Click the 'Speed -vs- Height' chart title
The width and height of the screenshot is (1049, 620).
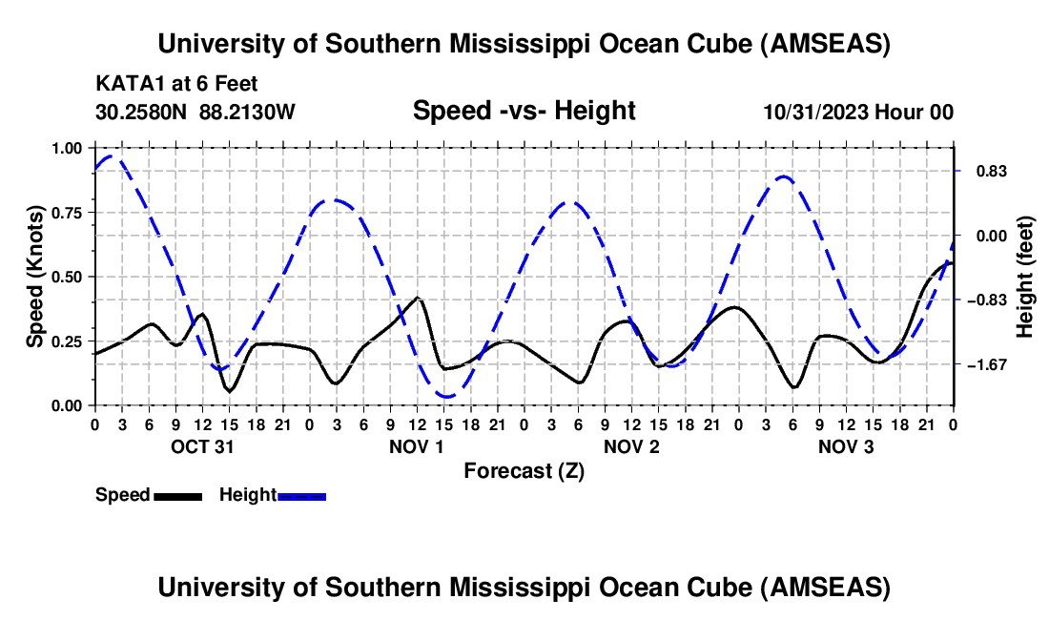[524, 111]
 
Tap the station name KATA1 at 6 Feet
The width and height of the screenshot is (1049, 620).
[176, 84]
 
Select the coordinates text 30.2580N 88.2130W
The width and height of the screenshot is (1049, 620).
[195, 112]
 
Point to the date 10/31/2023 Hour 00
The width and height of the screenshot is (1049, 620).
[858, 112]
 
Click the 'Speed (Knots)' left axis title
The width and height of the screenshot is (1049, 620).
[35, 277]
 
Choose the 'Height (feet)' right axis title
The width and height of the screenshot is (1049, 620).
[1025, 277]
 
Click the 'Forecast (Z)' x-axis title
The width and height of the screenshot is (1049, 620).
[524, 470]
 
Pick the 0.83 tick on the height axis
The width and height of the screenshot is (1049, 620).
[982, 172]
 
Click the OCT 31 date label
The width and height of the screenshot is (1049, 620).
[202, 446]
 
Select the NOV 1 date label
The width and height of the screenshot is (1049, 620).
[417, 446]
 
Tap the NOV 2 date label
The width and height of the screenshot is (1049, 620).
[631, 446]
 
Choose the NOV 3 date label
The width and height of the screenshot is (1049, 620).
[846, 446]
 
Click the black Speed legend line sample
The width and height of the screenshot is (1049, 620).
[177, 496]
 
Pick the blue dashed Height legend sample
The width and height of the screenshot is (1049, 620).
[301, 496]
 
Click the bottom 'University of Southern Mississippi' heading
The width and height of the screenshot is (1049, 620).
[524, 587]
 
